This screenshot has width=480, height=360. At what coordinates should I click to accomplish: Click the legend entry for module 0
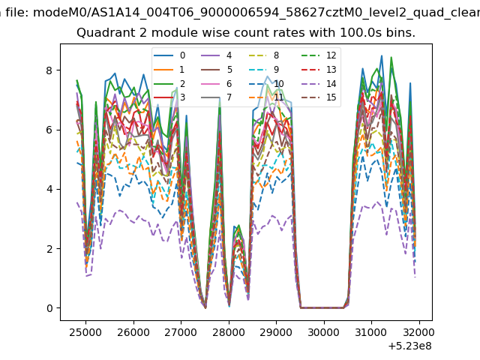pos(169,55)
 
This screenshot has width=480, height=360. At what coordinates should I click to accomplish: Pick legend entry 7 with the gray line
pos(217,97)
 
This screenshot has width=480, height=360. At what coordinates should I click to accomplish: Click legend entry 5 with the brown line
pos(217,70)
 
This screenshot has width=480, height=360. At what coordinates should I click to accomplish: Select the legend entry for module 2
pos(169,83)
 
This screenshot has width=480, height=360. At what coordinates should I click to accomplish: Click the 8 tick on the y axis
pos(49,70)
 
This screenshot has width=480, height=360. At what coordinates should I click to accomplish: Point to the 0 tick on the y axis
pos(49,308)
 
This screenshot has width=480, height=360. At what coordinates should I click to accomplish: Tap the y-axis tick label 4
pos(49,189)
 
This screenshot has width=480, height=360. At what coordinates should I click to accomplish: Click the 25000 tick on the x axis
pos(85,332)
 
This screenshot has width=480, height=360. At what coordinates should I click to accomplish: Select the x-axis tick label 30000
pos(324,332)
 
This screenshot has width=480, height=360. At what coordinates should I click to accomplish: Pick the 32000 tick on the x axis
pos(419,332)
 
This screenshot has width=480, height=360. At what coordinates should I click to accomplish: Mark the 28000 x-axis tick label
pos(229,332)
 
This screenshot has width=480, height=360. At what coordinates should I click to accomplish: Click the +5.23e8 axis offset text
pos(410,346)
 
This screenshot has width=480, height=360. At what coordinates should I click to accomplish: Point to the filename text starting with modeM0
pos(256,13)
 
